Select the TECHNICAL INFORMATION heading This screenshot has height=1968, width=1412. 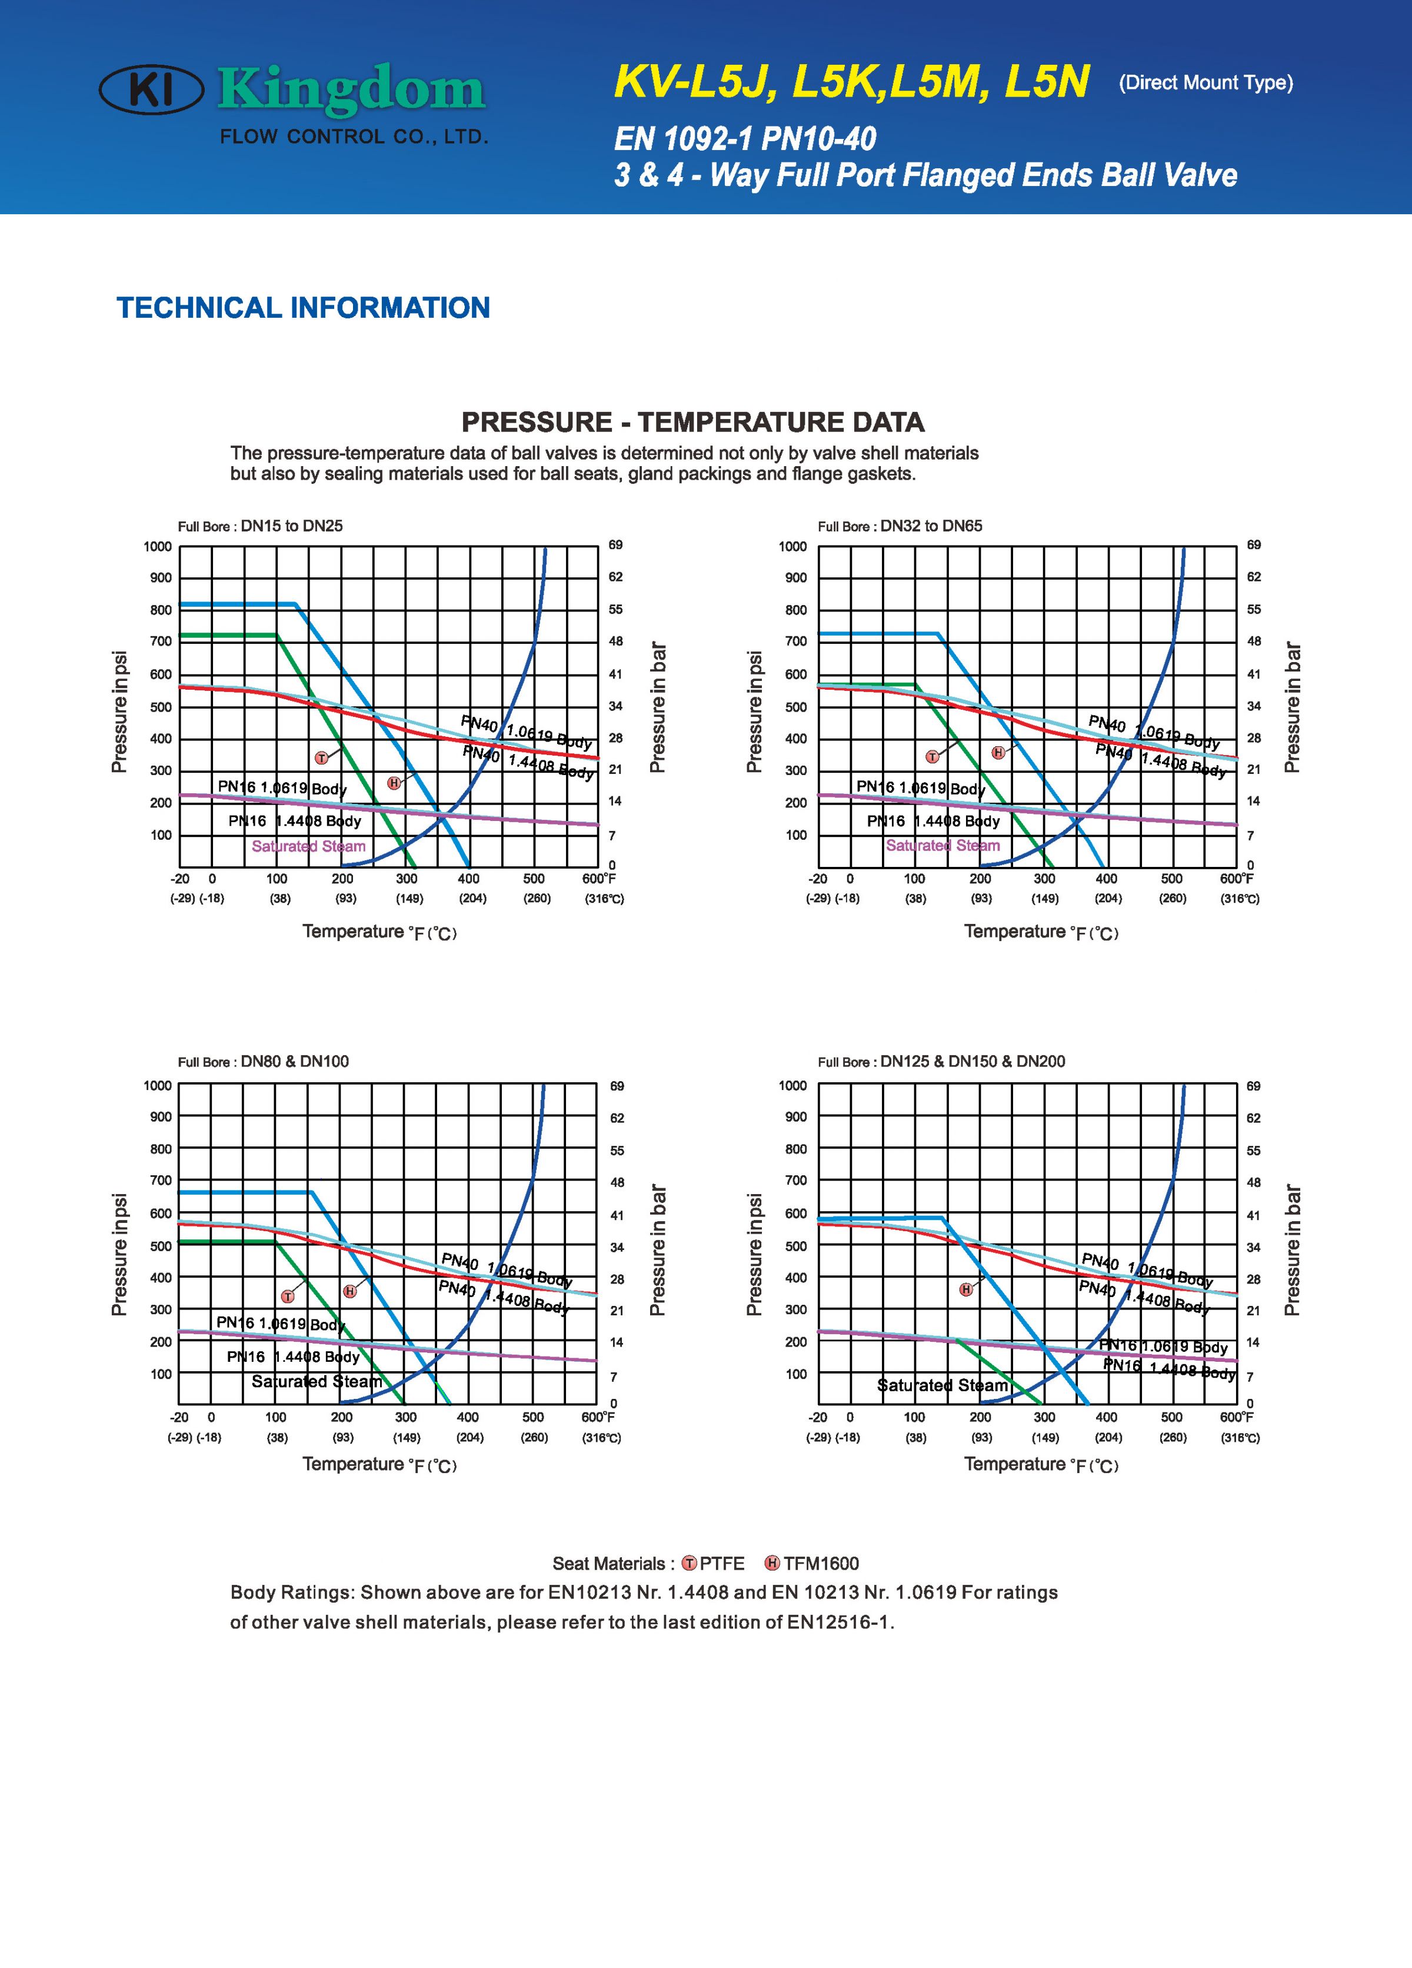pyautogui.click(x=304, y=308)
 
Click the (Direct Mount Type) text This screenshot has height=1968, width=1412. pyautogui.click(x=1205, y=84)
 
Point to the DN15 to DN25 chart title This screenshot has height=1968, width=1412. pyautogui.click(x=260, y=526)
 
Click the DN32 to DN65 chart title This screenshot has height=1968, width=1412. pyautogui.click(x=900, y=526)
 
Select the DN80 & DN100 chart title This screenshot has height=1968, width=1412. pyautogui.click(x=263, y=1061)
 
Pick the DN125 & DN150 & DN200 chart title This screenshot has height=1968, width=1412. pyautogui.click(x=941, y=1061)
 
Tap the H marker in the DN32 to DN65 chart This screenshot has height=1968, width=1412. pyautogui.click(x=998, y=752)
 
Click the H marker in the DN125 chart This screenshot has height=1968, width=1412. pyautogui.click(x=966, y=1289)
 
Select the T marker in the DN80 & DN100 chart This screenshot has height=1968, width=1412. pyautogui.click(x=288, y=1297)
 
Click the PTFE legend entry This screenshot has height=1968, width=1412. pyautogui.click(x=713, y=1564)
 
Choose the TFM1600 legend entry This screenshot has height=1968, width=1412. pyautogui.click(x=812, y=1564)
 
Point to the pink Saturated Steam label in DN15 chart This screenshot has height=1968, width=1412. pyautogui.click(x=309, y=846)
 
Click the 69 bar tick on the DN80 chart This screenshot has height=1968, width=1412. pyautogui.click(x=617, y=1086)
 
